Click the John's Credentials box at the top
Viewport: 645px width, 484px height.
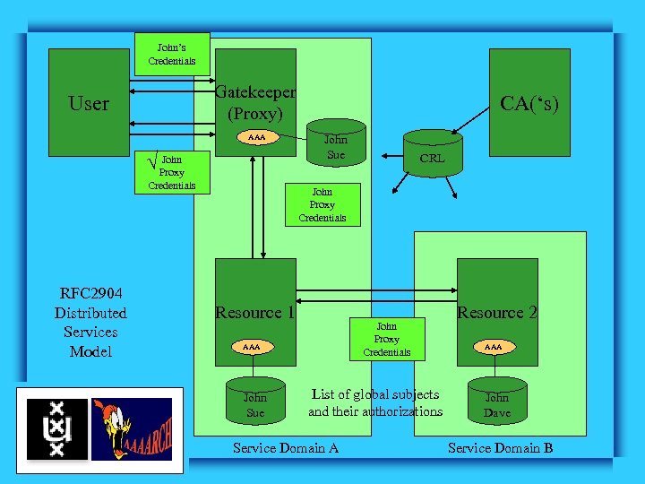pyautogui.click(x=171, y=54)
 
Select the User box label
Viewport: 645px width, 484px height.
pyautogui.click(x=89, y=104)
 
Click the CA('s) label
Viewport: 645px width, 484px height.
pyautogui.click(x=529, y=104)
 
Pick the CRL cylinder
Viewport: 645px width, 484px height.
pyautogui.click(x=433, y=152)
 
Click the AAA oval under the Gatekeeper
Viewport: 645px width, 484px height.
pyautogui.click(x=256, y=138)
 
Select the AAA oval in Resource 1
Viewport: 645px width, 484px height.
pyautogui.click(x=251, y=346)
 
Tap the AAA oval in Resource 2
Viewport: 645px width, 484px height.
pyautogui.click(x=494, y=346)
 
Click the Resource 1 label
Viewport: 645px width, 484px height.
pyautogui.click(x=254, y=313)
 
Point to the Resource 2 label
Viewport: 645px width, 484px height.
pyautogui.click(x=497, y=313)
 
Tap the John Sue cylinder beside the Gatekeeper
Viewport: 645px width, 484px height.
pyautogui.click(x=335, y=146)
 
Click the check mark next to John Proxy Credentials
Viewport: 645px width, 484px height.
pyautogui.click(x=151, y=162)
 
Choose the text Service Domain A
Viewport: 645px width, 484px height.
pyautogui.click(x=285, y=448)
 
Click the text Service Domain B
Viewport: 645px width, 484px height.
pyautogui.click(x=500, y=448)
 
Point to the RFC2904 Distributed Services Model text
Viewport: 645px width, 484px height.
pyautogui.click(x=90, y=322)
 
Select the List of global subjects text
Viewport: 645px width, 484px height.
pyautogui.click(x=375, y=403)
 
